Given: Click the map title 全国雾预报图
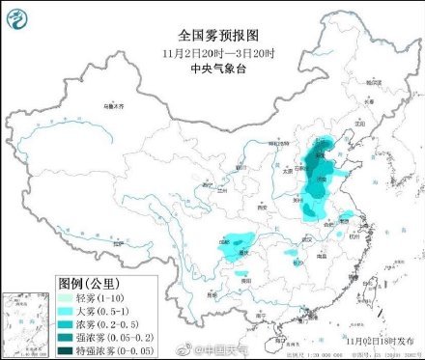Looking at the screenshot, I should (212, 33).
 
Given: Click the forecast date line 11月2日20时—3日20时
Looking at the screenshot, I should (212, 50).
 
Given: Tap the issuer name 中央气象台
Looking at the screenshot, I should (212, 68).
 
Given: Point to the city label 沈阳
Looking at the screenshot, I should (361, 125).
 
